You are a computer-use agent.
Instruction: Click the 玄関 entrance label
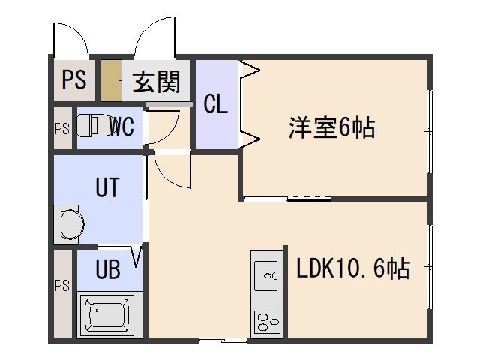pyautogui.click(x=157, y=81)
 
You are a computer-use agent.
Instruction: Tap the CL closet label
pyautogui.click(x=215, y=103)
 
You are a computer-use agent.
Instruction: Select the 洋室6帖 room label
pyautogui.click(x=331, y=129)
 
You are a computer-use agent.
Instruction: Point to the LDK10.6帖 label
pyautogui.click(x=352, y=268)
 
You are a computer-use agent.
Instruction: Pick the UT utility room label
pyautogui.click(x=106, y=187)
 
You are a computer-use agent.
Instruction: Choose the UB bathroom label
pyautogui.click(x=108, y=269)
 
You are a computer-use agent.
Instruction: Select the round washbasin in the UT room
pyautogui.click(x=72, y=223)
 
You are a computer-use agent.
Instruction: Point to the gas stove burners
pyautogui.click(x=267, y=322)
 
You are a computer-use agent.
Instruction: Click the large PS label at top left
pyautogui.click(x=73, y=80)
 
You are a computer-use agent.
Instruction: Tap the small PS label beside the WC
pyautogui.click(x=61, y=128)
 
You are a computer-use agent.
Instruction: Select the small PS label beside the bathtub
pyautogui.click(x=61, y=285)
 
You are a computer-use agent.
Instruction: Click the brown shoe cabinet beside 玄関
pyautogui.click(x=110, y=81)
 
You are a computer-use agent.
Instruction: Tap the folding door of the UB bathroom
pyautogui.click(x=137, y=256)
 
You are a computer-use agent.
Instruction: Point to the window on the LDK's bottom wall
pyautogui.click(x=223, y=341)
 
